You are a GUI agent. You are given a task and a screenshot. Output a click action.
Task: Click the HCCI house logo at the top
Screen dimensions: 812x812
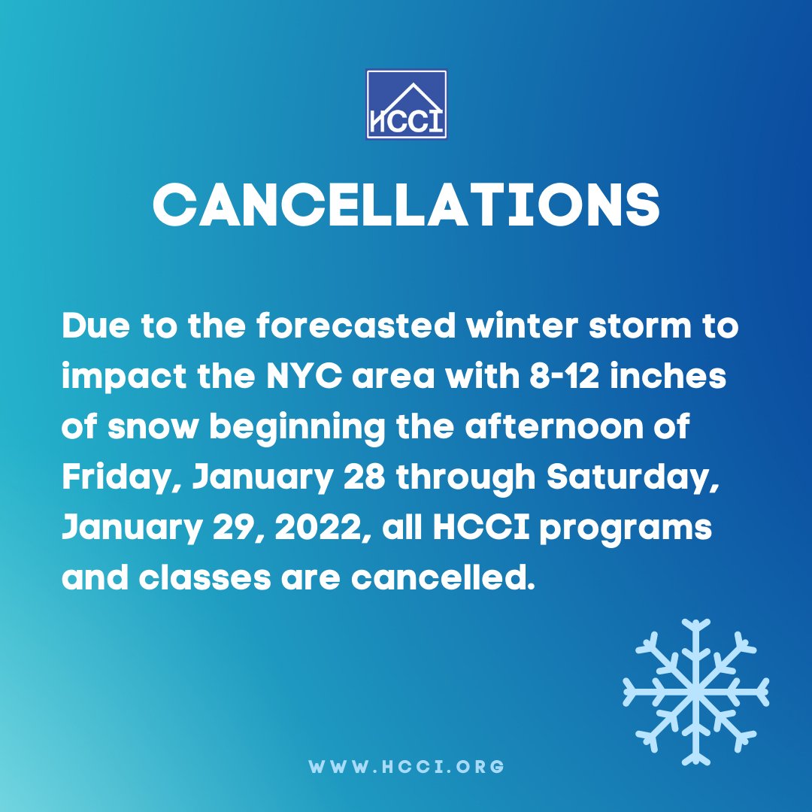point(406,105)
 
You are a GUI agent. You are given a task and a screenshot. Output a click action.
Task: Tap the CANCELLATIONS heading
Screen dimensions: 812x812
point(406,203)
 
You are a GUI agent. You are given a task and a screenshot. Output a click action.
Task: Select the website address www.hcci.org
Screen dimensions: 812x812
point(406,768)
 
